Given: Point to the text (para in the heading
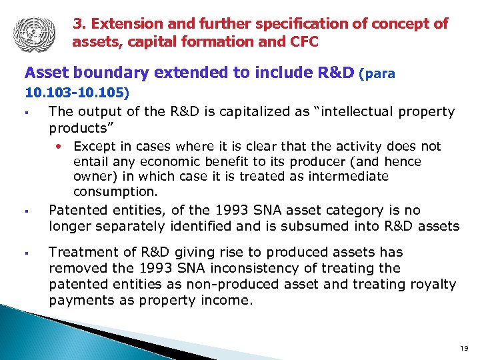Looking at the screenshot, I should click(x=377, y=74).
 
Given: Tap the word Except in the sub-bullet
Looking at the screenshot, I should click(x=93, y=146).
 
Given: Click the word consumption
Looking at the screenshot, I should click(x=115, y=192).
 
